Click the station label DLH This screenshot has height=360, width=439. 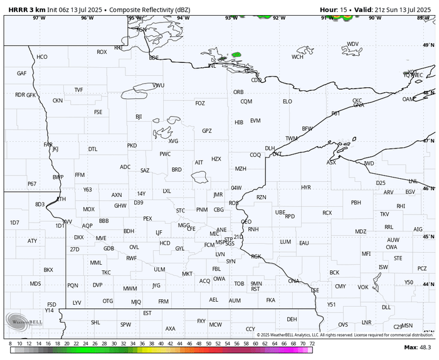270,149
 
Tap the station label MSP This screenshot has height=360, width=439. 220,242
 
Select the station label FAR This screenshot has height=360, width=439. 48,144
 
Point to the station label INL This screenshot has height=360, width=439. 212,65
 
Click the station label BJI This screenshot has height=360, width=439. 139,117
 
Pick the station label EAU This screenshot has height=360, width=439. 304,243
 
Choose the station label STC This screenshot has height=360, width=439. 181,210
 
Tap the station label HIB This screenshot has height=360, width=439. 239,122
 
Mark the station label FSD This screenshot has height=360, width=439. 51,304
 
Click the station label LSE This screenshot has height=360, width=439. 315,290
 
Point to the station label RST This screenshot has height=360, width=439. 255,289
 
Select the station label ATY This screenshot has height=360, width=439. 32,241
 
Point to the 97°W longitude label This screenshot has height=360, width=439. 39,18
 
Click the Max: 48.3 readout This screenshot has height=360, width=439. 417,347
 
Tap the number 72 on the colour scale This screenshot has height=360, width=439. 312,343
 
